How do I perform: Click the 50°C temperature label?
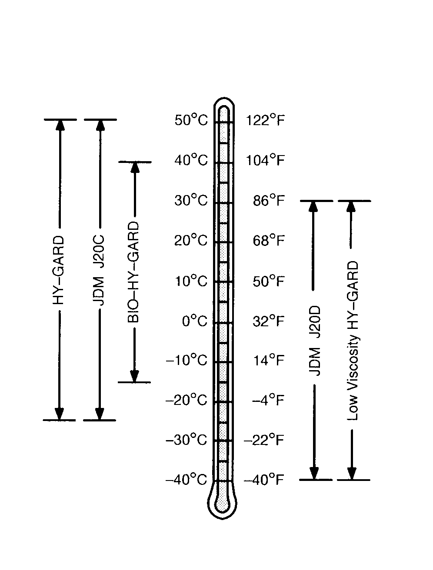191,120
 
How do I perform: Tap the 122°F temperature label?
265,120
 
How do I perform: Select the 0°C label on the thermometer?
195,321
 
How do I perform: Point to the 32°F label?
269,321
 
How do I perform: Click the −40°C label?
187,480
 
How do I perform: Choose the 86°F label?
269,201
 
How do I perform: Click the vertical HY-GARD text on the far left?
60,270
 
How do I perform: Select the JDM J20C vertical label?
100,270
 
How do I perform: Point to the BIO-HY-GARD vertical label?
134,272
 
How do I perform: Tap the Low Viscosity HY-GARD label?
353,341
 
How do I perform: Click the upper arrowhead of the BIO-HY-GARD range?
135,168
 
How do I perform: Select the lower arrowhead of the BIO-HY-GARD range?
134,376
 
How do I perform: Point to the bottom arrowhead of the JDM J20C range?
100,414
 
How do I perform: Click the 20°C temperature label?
191,241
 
